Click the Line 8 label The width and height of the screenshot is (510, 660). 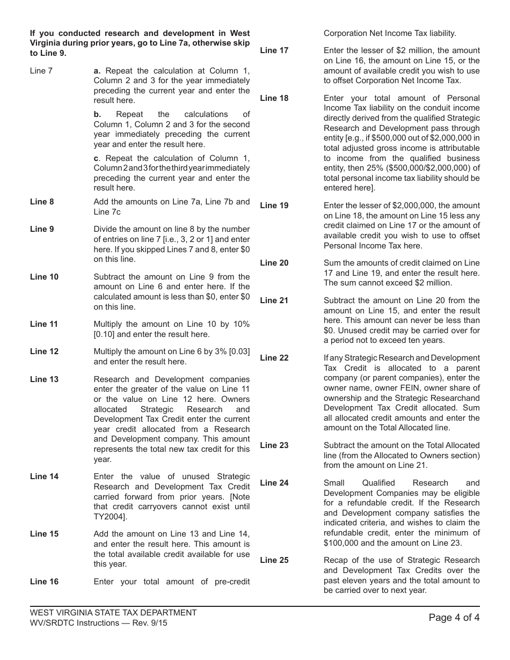coord(42,202)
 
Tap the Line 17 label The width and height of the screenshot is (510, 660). coord(274,50)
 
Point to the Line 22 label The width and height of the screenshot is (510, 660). coord(274,358)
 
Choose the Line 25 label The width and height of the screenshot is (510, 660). coord(274,560)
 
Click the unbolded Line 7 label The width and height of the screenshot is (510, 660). coord(41,71)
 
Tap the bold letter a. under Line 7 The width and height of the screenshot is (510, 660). coord(97,71)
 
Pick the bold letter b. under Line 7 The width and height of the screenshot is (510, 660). coord(97,114)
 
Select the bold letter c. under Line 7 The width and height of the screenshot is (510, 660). coord(97,158)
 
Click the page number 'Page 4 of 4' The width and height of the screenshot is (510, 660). coord(454,618)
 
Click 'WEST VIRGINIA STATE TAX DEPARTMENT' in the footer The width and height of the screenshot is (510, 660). coord(113,613)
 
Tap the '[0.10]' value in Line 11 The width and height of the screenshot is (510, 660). coord(105,334)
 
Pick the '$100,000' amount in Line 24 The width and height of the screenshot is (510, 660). coord(341,543)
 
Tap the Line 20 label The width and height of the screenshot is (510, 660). coord(274,263)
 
